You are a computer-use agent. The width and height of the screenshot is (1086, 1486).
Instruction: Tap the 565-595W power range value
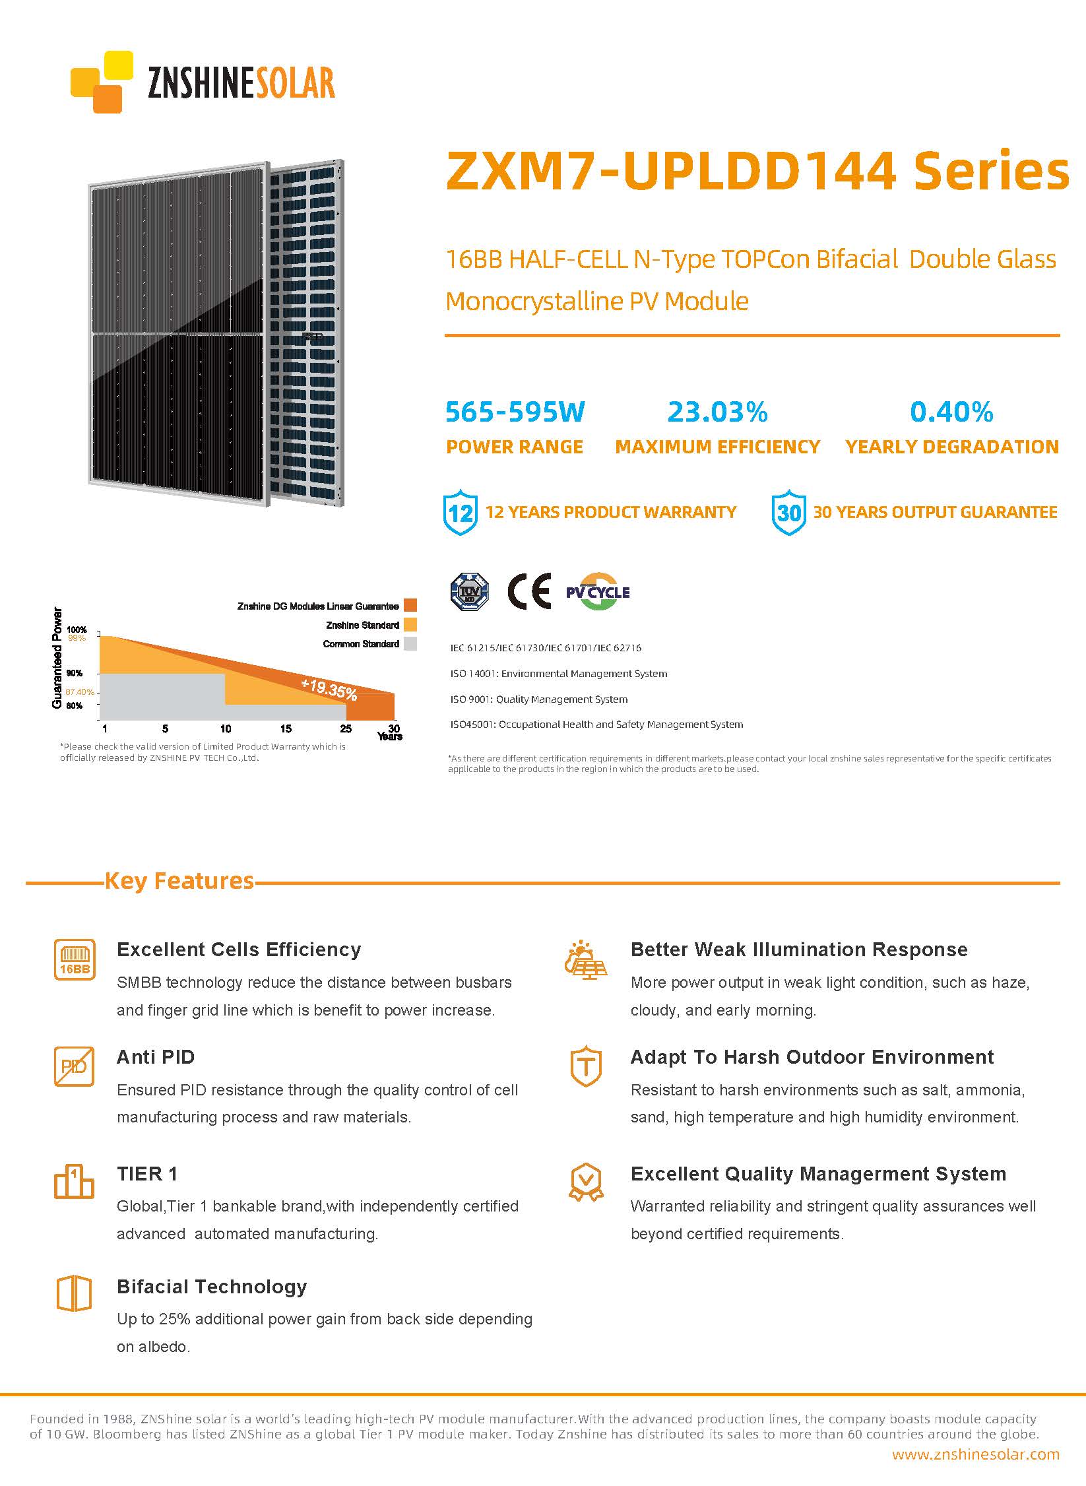pos(515,412)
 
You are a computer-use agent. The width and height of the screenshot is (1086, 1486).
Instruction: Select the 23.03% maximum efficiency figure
pos(717,412)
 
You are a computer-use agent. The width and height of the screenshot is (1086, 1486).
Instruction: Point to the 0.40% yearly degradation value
pos(951,412)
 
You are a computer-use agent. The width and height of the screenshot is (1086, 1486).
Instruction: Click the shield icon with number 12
pos(460,512)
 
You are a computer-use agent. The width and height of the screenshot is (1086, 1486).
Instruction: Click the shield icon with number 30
pos(788,512)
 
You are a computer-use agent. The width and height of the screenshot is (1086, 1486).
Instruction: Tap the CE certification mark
pos(529,591)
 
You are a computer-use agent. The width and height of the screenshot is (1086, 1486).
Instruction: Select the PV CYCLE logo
pos(598,591)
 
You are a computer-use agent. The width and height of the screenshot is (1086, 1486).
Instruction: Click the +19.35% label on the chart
pos(329,689)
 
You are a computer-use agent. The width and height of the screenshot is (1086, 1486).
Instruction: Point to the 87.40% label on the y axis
pos(79,692)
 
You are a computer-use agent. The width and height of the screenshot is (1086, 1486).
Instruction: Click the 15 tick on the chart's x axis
pos(286,729)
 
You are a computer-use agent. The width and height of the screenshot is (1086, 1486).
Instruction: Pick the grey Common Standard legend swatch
pos(410,644)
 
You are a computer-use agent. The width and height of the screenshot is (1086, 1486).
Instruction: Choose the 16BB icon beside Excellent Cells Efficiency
pos(74,959)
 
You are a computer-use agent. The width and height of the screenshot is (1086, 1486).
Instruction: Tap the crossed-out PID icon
pos(74,1066)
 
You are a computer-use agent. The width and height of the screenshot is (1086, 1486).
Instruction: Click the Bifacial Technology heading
pos(212,1287)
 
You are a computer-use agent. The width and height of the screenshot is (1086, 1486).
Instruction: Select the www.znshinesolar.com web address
pos(975,1454)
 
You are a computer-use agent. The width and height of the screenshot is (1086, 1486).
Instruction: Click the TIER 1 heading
pos(147,1174)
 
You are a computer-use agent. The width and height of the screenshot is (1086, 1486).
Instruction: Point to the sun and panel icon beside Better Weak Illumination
pos(586,959)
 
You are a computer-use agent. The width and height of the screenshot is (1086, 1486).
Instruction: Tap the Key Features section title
pos(179,881)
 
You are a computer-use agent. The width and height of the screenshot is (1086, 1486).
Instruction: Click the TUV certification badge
pos(469,591)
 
